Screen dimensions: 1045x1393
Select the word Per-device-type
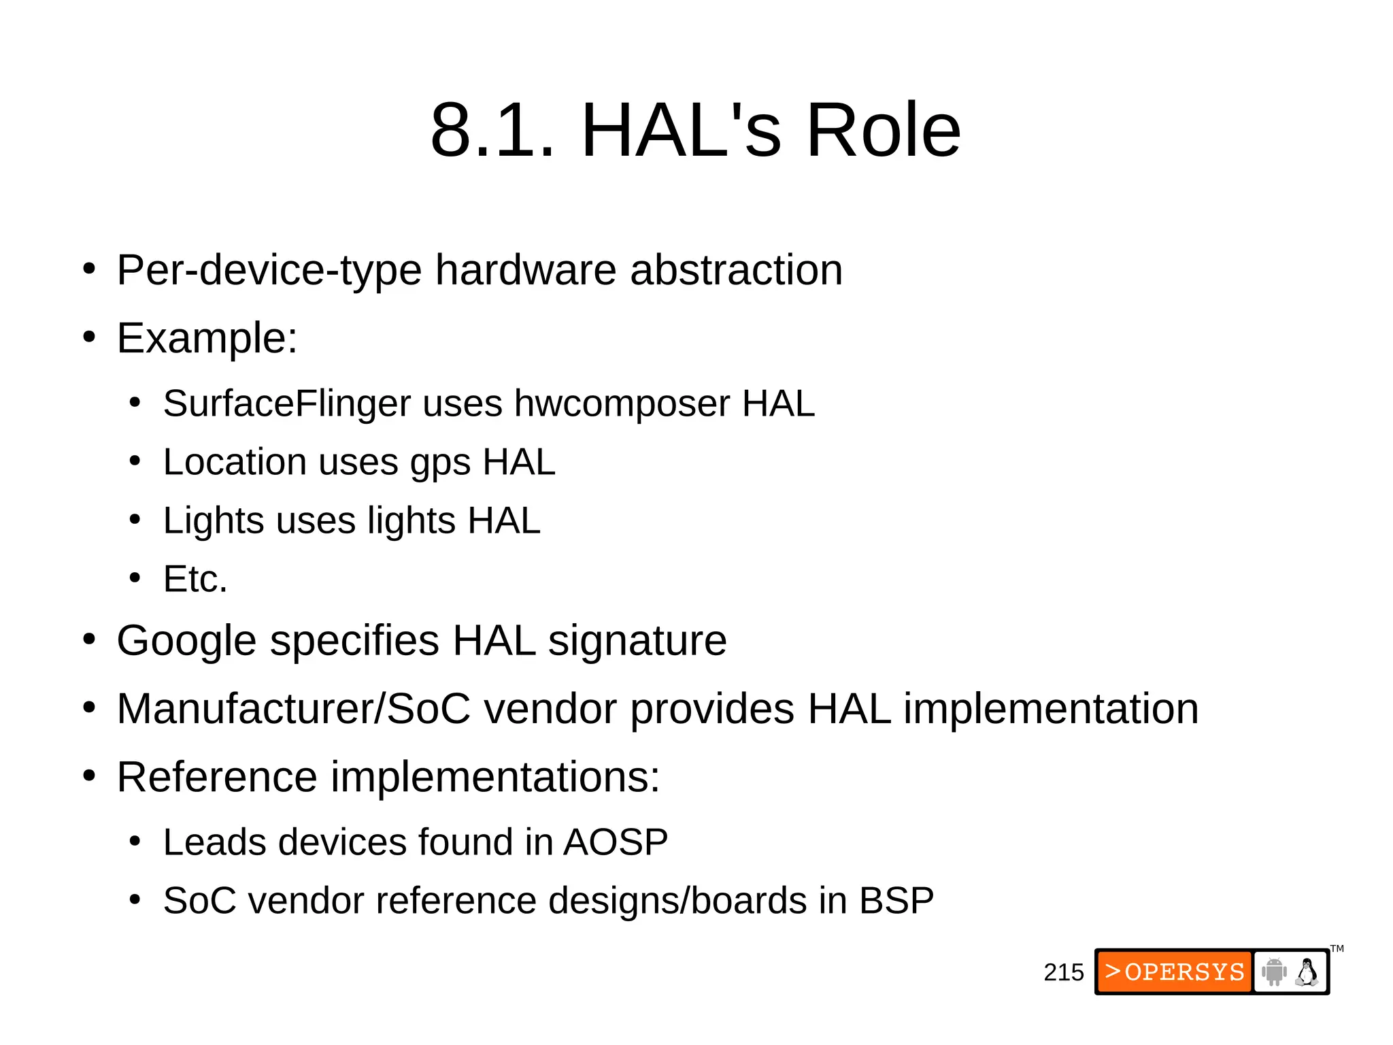tap(269, 270)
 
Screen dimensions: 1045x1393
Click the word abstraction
tap(736, 270)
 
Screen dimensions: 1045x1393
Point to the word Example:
tap(207, 338)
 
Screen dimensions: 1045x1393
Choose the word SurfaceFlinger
tap(286, 403)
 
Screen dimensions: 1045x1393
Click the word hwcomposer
tap(622, 405)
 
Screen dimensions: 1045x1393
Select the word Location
tap(235, 462)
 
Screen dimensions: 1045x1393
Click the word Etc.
tap(195, 579)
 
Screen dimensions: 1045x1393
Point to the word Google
tap(186, 642)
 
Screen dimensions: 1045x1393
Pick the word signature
tap(637, 642)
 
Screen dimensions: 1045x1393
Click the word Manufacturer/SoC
tap(293, 709)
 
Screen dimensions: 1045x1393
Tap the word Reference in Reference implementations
tap(217, 777)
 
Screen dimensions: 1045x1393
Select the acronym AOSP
tap(616, 842)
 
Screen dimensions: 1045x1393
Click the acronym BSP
tap(896, 901)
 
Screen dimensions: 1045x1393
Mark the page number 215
tap(1063, 972)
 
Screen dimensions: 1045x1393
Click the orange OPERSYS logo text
tap(1175, 972)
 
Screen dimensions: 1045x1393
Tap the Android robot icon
tap(1274, 972)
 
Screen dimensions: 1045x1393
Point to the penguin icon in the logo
tap(1307, 972)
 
